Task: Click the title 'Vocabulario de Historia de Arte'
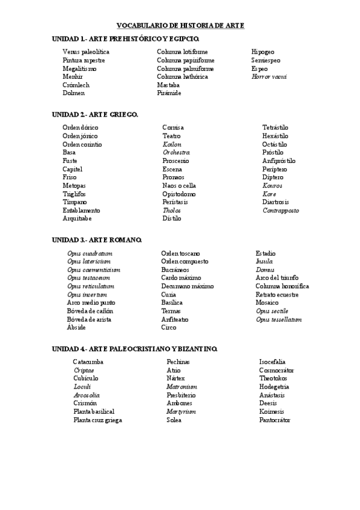click(x=180, y=25)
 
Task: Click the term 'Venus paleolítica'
click(x=86, y=52)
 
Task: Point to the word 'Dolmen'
click(x=73, y=93)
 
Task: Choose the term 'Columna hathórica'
click(x=183, y=77)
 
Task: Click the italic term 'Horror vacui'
click(x=269, y=77)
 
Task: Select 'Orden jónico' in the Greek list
click(x=81, y=136)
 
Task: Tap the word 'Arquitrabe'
click(x=77, y=219)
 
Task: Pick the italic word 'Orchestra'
click(x=176, y=153)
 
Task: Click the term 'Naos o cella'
click(x=179, y=186)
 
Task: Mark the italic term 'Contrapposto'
click(x=280, y=210)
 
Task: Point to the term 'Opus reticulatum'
click(x=91, y=286)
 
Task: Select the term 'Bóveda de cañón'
click(x=90, y=311)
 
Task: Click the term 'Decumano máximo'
click(x=187, y=286)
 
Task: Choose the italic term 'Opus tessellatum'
click(x=278, y=319)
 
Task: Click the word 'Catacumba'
click(x=88, y=362)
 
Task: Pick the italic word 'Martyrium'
click(x=182, y=411)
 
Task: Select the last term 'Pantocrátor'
click(x=275, y=420)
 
